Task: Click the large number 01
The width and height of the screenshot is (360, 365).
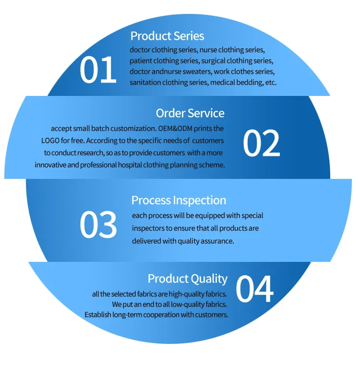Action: coord(98,70)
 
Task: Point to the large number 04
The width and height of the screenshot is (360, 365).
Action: coord(254,290)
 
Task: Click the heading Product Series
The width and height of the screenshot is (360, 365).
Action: coord(167,36)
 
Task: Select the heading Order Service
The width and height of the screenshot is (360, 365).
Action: coord(190,113)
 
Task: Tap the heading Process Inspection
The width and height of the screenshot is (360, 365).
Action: coord(179,200)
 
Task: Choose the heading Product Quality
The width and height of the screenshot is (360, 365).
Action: coord(187,279)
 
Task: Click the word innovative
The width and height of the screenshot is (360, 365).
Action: coord(51,165)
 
